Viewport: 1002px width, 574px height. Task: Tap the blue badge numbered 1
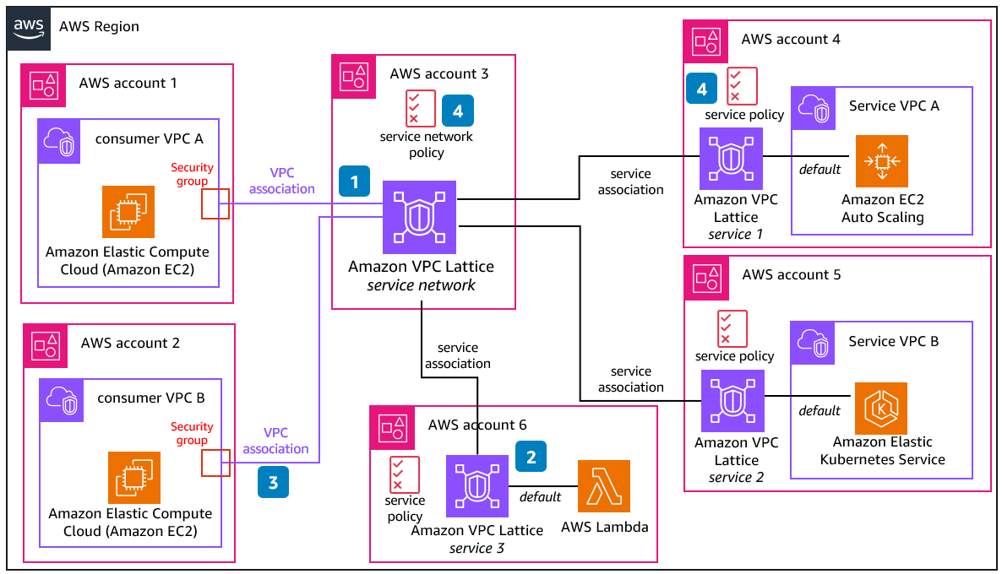click(355, 181)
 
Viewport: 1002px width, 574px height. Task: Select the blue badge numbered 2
click(531, 458)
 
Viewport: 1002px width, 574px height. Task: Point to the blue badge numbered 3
click(273, 483)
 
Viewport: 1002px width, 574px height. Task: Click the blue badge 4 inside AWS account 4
click(701, 89)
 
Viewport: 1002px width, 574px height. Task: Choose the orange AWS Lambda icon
click(604, 486)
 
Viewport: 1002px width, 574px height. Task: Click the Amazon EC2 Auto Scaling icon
click(882, 161)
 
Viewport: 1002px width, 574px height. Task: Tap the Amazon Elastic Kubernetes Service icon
click(881, 409)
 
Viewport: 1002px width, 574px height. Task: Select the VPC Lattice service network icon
click(420, 217)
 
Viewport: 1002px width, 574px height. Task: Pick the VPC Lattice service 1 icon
click(731, 159)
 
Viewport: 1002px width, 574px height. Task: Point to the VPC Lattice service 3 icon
click(477, 487)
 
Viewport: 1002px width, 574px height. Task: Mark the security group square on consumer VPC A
click(215, 204)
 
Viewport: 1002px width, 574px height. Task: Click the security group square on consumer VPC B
click(215, 463)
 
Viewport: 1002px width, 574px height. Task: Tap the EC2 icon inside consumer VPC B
click(134, 478)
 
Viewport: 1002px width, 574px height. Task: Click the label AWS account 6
click(477, 425)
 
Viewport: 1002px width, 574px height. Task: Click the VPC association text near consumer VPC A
click(281, 181)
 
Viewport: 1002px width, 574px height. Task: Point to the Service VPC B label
click(894, 341)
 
